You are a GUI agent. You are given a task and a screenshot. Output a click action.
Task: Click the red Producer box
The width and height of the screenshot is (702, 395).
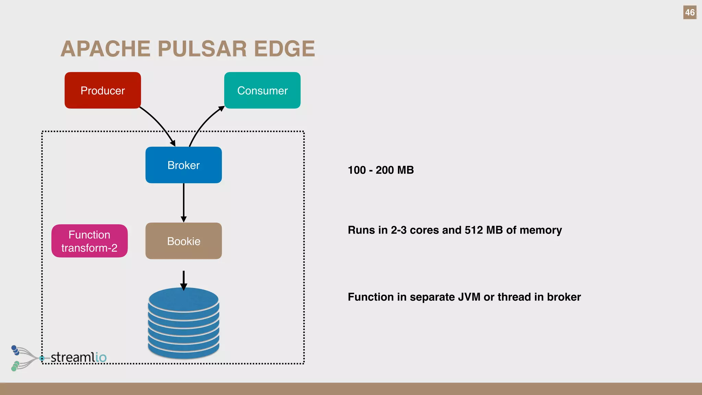(102, 91)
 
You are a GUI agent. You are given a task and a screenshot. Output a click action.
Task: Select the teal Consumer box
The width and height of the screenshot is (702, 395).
(262, 91)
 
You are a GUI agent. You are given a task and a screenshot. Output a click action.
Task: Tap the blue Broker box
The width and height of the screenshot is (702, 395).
(183, 165)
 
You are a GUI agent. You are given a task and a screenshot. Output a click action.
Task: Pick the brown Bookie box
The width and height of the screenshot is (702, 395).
(183, 241)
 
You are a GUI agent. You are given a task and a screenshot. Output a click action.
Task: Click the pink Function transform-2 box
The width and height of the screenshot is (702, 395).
(89, 241)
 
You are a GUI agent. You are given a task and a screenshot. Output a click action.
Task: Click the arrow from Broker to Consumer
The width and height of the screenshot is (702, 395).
(204, 124)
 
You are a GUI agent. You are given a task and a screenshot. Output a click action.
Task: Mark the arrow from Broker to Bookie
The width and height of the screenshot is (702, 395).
(183, 202)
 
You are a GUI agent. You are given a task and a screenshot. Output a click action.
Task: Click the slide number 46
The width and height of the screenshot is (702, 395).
(690, 13)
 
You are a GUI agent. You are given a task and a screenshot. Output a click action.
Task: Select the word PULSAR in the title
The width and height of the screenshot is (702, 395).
(202, 49)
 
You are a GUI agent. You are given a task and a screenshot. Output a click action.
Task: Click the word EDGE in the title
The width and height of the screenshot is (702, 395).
(284, 49)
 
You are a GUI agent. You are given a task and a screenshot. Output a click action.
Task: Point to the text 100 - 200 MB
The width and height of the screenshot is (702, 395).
(380, 170)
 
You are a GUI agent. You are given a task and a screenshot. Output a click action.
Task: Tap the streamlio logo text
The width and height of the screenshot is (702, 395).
(78, 357)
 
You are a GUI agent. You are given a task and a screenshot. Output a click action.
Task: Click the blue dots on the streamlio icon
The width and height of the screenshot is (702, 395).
(15, 350)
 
